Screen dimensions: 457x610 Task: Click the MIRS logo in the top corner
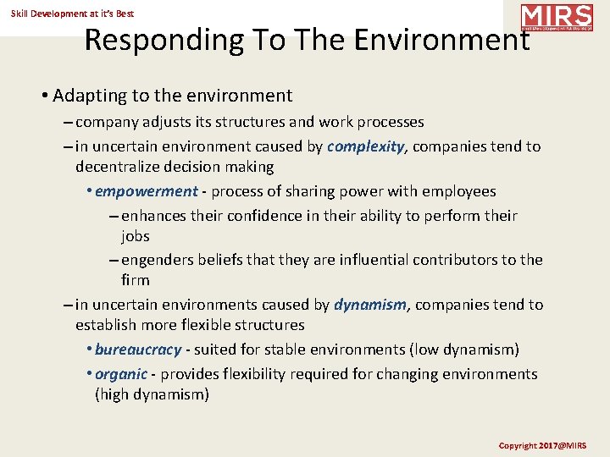coord(557,17)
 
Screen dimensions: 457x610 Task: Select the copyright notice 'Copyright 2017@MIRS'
coord(542,445)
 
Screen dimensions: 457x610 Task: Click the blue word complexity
coord(365,146)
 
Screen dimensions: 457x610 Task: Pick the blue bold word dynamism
coord(369,305)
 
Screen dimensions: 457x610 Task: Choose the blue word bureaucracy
coord(138,350)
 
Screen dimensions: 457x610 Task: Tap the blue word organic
coord(122,374)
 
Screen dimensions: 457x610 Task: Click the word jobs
coord(135,236)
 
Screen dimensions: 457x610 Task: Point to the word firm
coord(135,280)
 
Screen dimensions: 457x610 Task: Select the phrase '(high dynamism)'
coord(152,394)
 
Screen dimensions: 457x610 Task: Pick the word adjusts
coord(167,122)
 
